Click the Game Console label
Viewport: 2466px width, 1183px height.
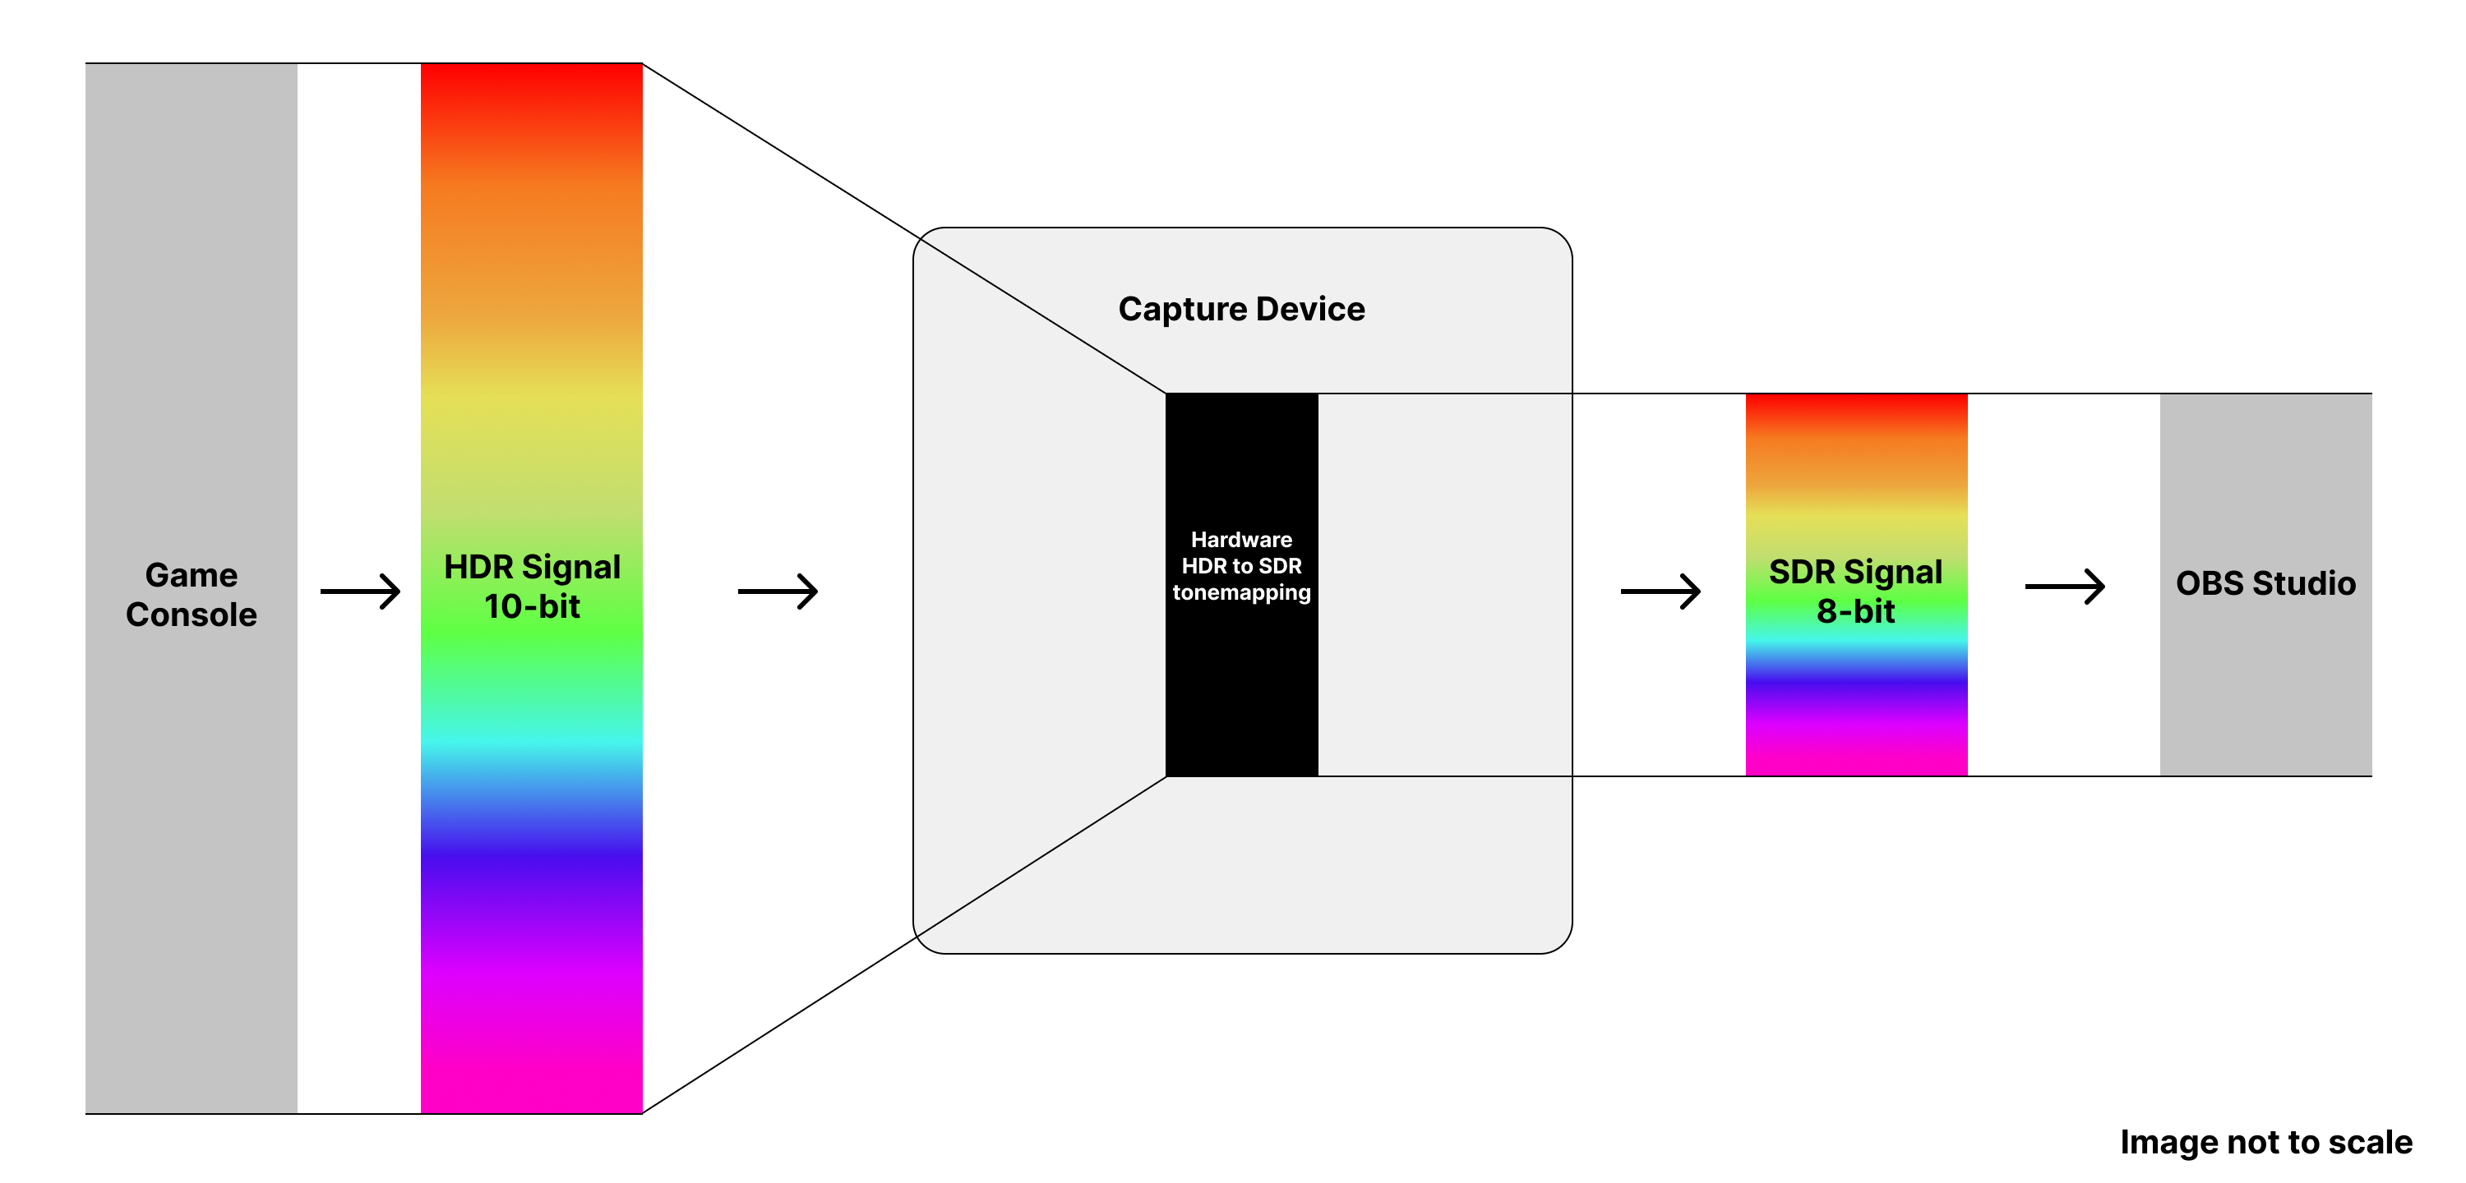[192, 594]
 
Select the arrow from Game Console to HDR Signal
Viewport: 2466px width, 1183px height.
[360, 591]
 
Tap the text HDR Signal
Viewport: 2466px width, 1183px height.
[533, 568]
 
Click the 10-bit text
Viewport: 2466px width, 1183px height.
[533, 607]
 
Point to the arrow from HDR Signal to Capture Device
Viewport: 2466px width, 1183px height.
[778, 591]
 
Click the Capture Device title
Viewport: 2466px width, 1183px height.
[1241, 309]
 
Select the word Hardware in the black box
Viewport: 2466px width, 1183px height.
[1241, 540]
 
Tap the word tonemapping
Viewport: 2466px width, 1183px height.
[1241, 592]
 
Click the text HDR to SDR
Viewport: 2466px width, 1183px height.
[1241, 566]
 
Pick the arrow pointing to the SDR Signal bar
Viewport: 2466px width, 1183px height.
[1660, 591]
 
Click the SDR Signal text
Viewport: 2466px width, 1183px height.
[1855, 573]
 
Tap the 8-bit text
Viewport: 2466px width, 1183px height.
[1855, 611]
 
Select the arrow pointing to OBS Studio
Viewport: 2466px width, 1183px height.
[2065, 586]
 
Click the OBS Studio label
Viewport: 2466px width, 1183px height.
[2265, 583]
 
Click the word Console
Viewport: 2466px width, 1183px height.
[192, 615]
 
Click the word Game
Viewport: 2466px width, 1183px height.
[192, 575]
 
